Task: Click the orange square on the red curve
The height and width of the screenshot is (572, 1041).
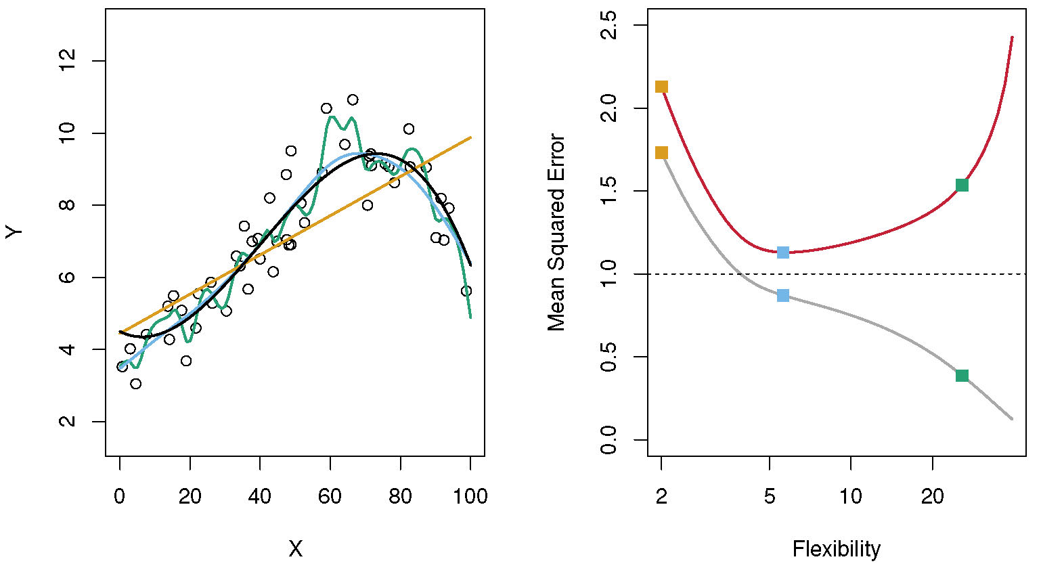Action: (x=661, y=87)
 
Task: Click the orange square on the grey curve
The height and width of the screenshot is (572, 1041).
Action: (x=661, y=153)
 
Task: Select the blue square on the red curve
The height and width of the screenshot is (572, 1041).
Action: (x=783, y=252)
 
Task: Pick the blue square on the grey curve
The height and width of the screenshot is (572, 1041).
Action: (x=783, y=295)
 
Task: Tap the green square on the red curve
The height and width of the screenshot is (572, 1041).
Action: (x=962, y=185)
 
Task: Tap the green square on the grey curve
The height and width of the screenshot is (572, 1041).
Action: (x=962, y=376)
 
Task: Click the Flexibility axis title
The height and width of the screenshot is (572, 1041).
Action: (x=837, y=548)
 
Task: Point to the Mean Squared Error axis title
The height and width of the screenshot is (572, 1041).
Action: (x=556, y=232)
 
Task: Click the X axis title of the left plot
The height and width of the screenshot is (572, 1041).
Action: (x=295, y=549)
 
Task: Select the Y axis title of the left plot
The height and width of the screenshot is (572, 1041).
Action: (x=15, y=232)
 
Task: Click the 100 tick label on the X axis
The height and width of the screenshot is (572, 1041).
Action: (x=470, y=496)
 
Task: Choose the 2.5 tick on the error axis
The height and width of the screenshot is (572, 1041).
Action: (x=610, y=26)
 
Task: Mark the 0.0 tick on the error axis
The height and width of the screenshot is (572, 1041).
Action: (x=610, y=440)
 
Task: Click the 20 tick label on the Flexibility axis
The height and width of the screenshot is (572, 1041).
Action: (x=932, y=496)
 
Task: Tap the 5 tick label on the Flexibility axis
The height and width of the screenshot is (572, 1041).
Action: (x=770, y=496)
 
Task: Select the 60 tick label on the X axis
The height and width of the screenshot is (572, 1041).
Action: (x=330, y=496)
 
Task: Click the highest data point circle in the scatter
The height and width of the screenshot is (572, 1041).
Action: (x=353, y=100)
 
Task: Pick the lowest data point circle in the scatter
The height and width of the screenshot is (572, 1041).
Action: (x=135, y=384)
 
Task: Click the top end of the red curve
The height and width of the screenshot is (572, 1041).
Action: (x=1012, y=37)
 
